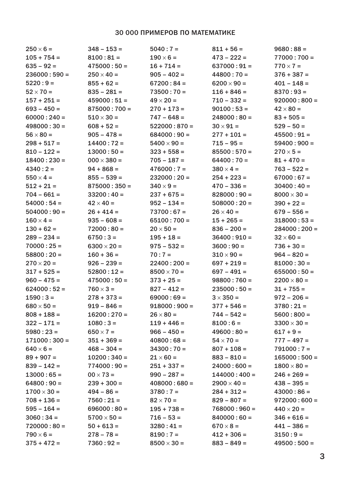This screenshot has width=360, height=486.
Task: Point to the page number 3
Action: [322, 456]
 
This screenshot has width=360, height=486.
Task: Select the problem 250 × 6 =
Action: [39, 49]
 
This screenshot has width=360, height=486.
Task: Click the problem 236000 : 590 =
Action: [47, 75]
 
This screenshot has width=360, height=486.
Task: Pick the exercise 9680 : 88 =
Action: [290, 49]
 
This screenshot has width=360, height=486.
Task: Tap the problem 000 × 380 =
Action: [105, 160]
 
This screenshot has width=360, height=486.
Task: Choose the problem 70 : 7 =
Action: [160, 255]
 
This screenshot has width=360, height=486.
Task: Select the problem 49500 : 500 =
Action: [294, 443]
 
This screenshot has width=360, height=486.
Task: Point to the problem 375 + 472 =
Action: [43, 443]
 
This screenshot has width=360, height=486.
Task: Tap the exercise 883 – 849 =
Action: [229, 443]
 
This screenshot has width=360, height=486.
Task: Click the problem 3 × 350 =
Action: [225, 298]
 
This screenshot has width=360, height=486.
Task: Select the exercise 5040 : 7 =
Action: [164, 49]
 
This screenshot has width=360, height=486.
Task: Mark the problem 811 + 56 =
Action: [227, 49]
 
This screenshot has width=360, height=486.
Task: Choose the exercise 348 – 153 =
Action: [105, 49]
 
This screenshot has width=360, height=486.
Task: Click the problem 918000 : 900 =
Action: [171, 306]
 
